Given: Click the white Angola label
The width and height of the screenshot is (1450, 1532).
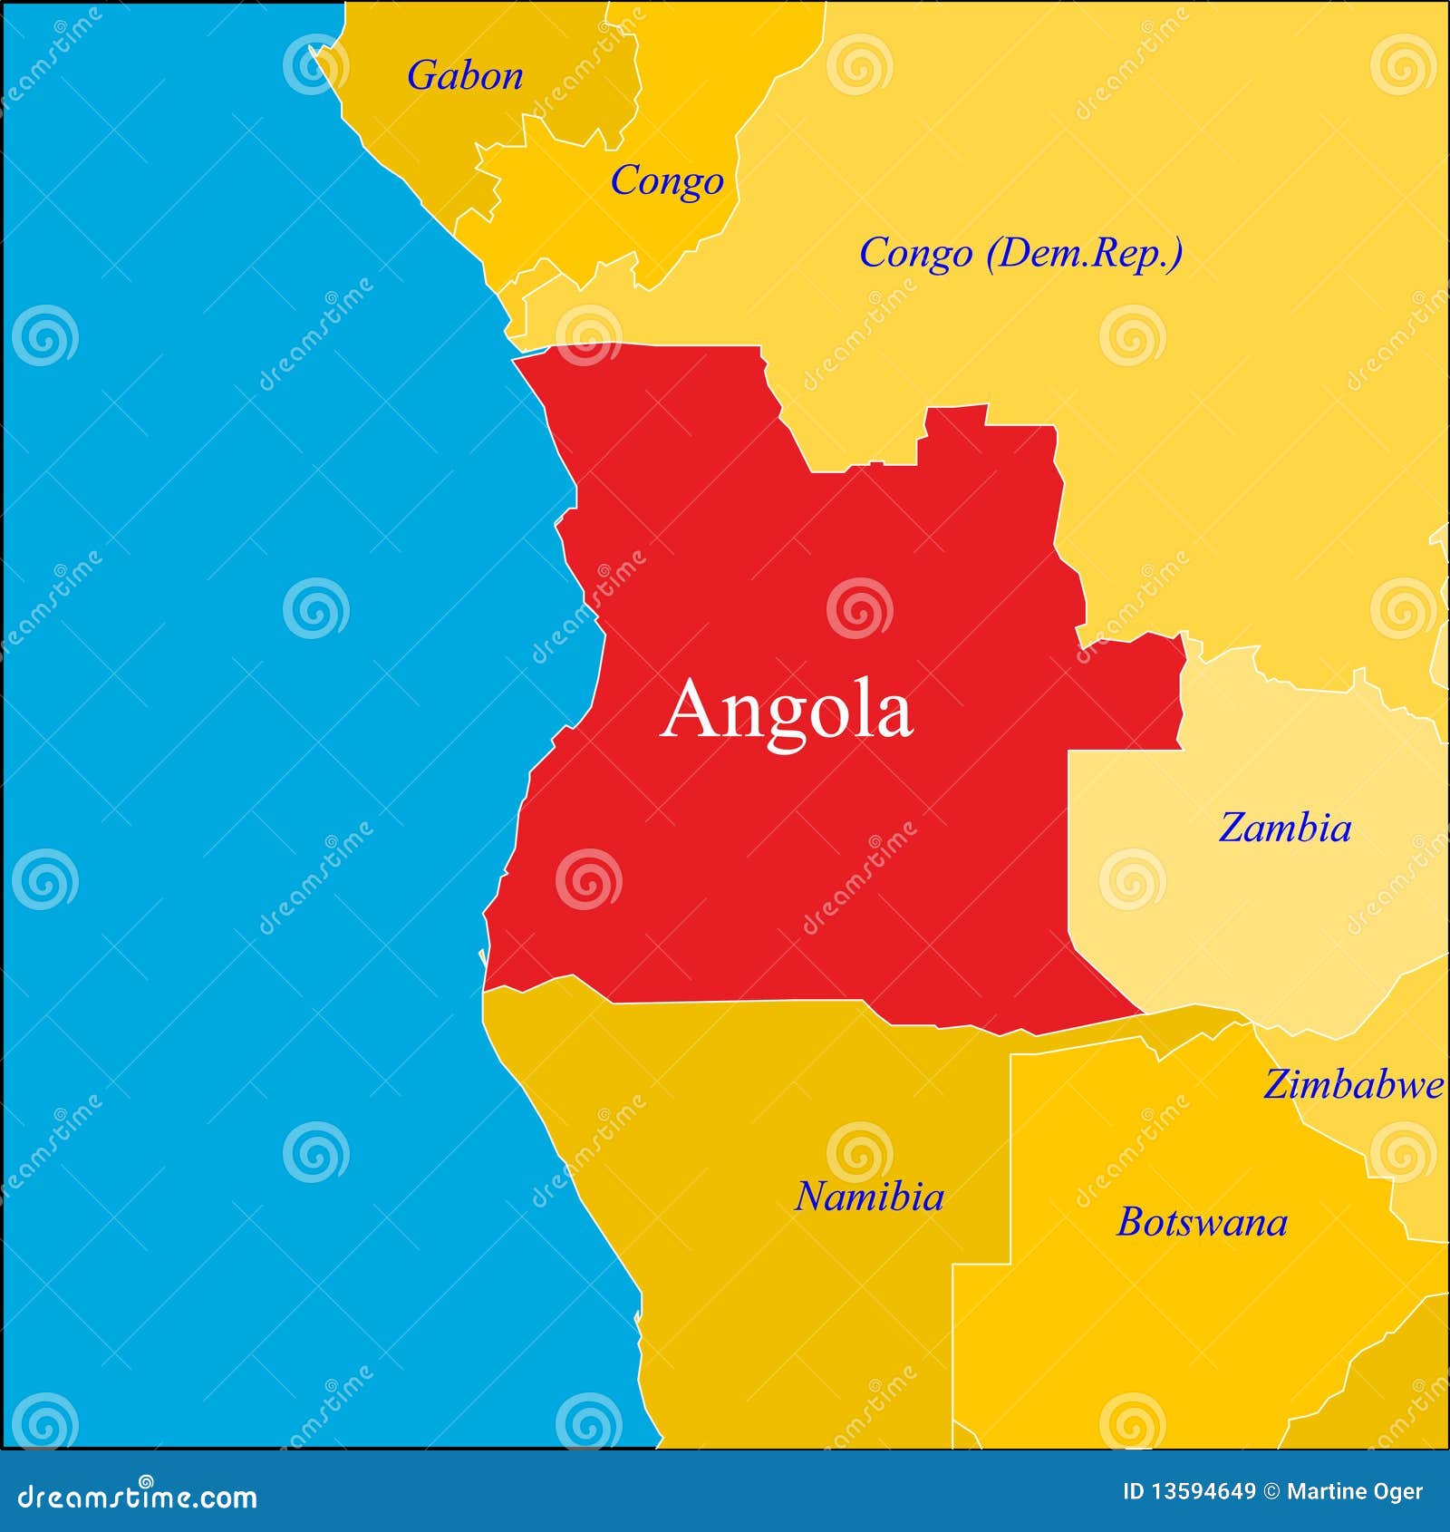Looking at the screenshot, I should point(786,711).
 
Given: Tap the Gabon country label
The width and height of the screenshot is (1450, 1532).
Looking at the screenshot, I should point(464,75).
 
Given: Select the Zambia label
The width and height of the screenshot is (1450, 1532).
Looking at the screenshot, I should point(1284,828).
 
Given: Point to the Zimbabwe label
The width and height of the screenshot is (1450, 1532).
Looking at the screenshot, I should point(1353,1084).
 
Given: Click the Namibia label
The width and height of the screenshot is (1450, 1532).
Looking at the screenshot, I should point(869,1197).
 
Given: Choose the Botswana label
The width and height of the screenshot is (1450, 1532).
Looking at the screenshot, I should point(1202,1222).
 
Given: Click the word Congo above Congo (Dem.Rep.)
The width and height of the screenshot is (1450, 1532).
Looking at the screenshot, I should point(666,180).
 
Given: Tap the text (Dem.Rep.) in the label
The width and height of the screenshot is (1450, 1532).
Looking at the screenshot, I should point(1084,253).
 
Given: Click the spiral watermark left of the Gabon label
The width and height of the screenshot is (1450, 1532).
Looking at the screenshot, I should point(314,64).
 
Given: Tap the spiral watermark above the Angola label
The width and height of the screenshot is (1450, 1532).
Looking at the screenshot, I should point(859,607).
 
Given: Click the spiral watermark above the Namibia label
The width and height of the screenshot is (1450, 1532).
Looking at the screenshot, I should point(859,1152).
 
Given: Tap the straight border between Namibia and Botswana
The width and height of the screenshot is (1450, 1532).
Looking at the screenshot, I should point(1010,1160).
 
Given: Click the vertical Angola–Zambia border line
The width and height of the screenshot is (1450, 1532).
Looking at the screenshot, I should point(1068,861).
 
